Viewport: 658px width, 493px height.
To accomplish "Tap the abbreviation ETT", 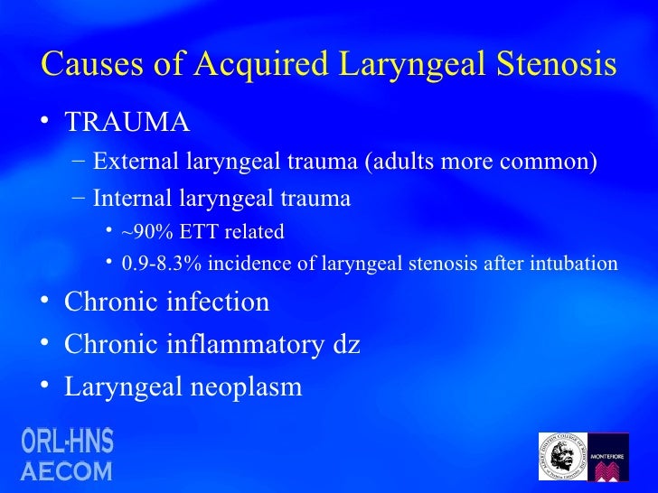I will coord(197,232).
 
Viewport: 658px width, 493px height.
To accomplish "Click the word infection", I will coord(218,302).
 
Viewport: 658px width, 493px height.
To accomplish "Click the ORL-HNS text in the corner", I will coord(68,442).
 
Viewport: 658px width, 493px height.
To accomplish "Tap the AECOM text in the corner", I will coord(68,470).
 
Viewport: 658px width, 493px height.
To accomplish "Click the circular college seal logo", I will coord(562,457).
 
